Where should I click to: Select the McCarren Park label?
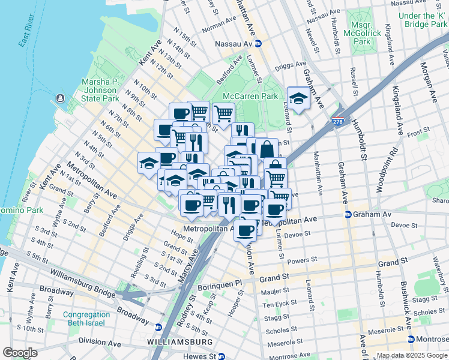pos(250,96)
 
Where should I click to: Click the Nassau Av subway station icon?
pos(258,43)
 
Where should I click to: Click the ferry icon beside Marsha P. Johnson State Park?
pos(60,98)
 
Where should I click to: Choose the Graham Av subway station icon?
pos(348,214)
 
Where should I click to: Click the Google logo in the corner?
pos(20,352)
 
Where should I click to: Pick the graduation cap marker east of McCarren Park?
pos(298,98)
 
